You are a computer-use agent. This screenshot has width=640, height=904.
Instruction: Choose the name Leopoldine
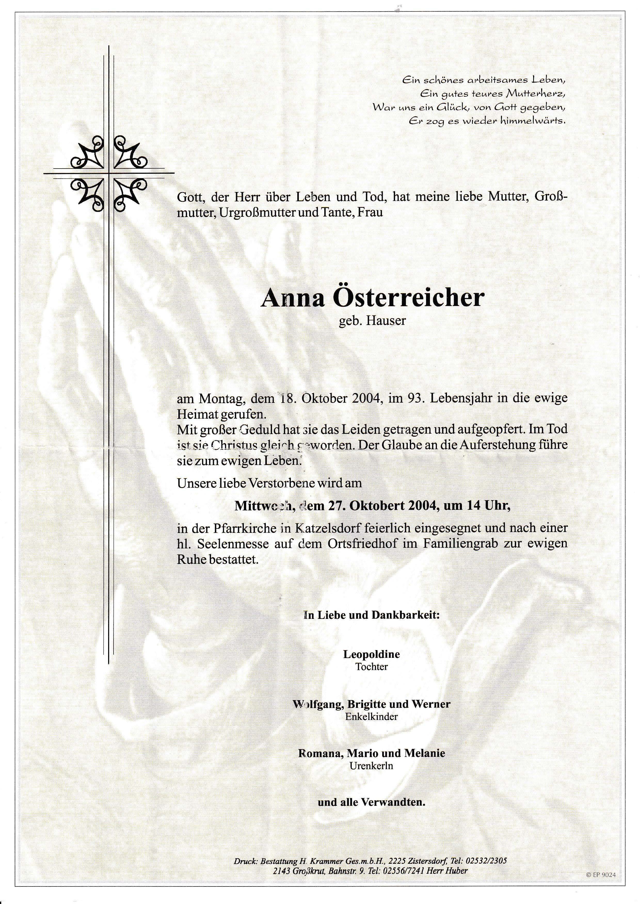click(372, 654)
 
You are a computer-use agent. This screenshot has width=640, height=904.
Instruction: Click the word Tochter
click(372, 667)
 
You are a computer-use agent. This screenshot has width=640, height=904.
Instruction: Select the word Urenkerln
click(372, 766)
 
